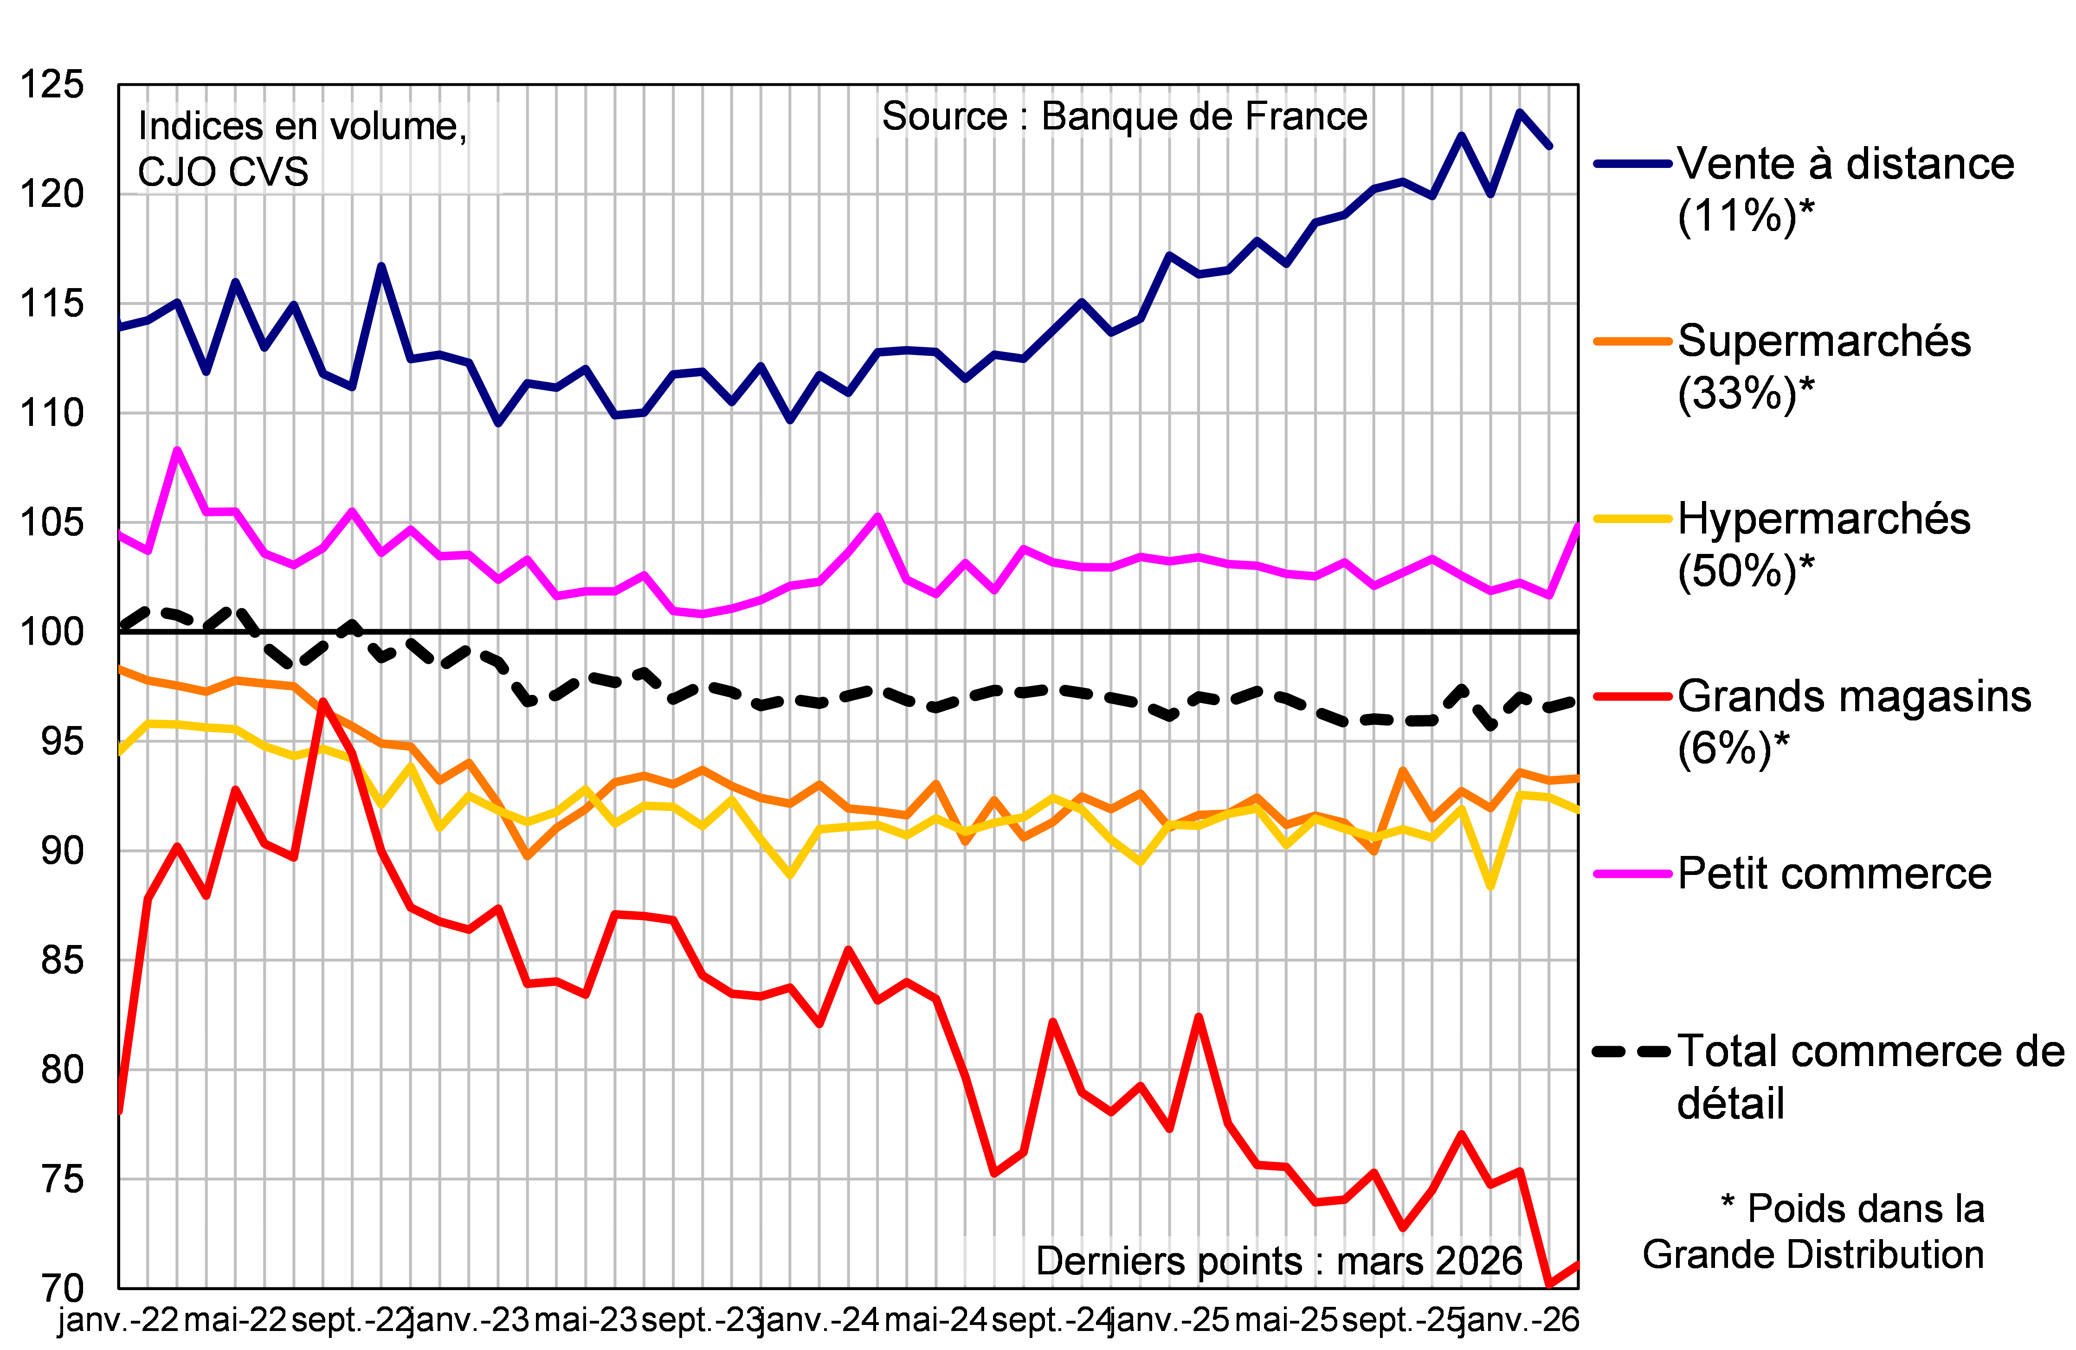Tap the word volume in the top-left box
point(402,127)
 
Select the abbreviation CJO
point(177,172)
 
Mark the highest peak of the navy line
point(1520,112)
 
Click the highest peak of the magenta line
point(178,450)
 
